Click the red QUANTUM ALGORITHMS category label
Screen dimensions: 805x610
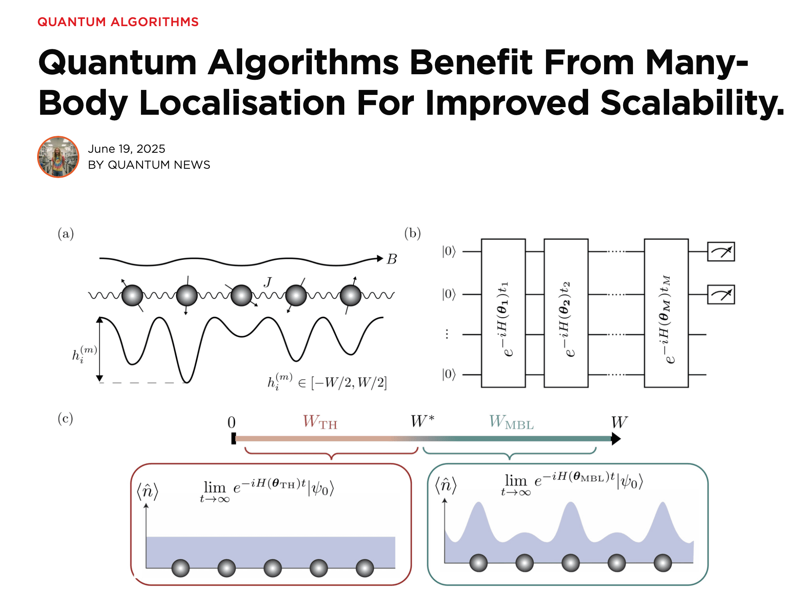tap(118, 22)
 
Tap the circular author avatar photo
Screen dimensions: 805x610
tap(58, 157)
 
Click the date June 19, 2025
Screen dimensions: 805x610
tap(126, 149)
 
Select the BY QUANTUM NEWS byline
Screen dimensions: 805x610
tap(149, 165)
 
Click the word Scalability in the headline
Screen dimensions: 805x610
tap(692, 103)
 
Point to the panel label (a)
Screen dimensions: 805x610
tap(66, 234)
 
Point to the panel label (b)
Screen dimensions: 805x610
tap(412, 233)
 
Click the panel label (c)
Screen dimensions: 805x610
tap(65, 418)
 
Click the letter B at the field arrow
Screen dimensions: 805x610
tap(392, 259)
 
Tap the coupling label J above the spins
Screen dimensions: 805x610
tap(267, 282)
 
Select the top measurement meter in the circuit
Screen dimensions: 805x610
tap(721, 252)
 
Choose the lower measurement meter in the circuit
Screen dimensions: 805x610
tap(721, 294)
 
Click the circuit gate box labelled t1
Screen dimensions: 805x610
tap(503, 313)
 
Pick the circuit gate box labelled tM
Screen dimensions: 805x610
tap(666, 313)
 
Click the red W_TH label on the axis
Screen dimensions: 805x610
tap(320, 422)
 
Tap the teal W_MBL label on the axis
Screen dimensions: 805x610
tap(511, 422)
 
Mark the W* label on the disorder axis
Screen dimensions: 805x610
tap(422, 421)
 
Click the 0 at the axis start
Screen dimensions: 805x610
tap(232, 423)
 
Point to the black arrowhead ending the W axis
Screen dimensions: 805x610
tap(616, 439)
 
